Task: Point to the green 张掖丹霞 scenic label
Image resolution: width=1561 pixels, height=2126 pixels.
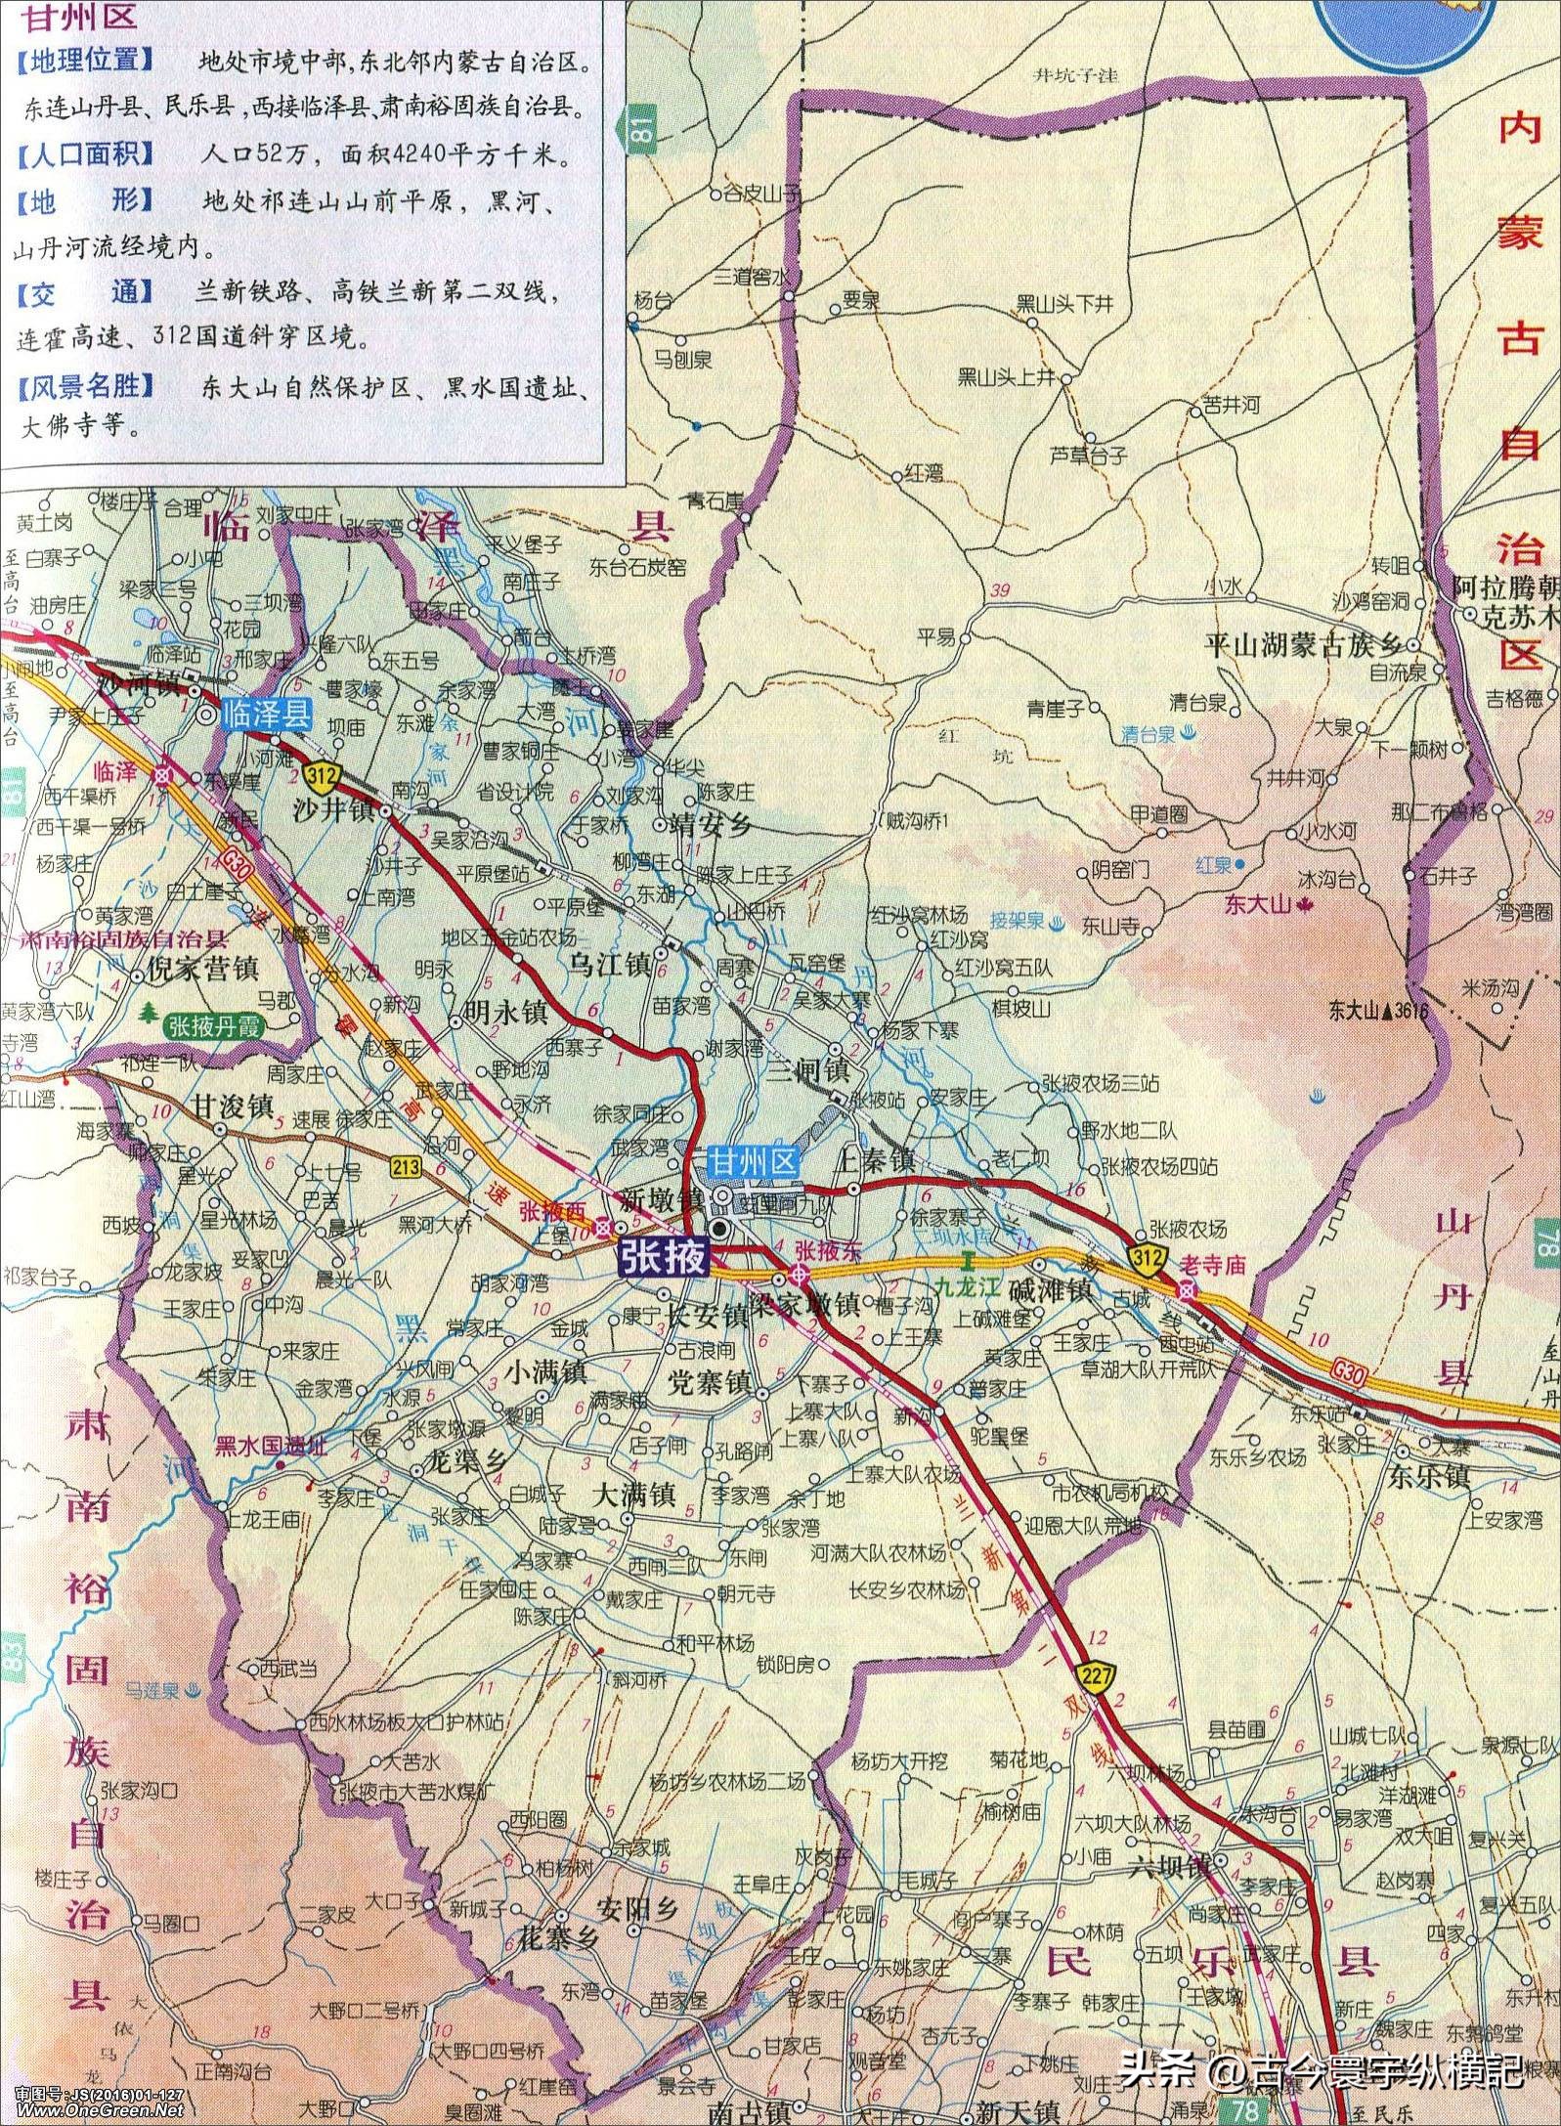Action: click(220, 1026)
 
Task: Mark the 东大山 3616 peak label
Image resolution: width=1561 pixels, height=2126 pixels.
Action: click(1378, 1010)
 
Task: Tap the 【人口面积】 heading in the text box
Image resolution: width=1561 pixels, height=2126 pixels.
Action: click(85, 153)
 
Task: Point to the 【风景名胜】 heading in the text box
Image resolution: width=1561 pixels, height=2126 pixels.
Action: click(85, 386)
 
